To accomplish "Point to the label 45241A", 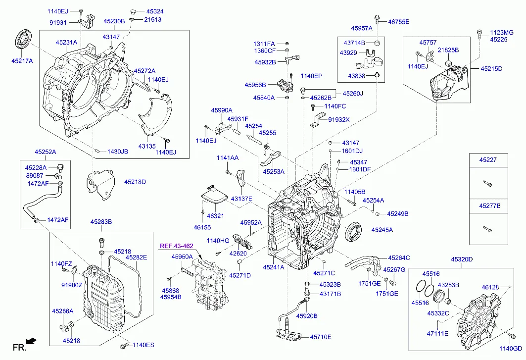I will [x=274, y=267].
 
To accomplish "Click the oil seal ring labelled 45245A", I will [x=353, y=230].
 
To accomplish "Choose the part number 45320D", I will [x=461, y=259].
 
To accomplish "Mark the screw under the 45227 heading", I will [x=486, y=184].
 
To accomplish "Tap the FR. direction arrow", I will [x=31, y=341].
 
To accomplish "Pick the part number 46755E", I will [x=399, y=21].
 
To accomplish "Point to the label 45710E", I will [x=321, y=337].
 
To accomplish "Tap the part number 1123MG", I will [x=502, y=32].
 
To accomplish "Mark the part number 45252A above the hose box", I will [x=45, y=152].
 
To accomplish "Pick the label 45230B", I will [x=114, y=21].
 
